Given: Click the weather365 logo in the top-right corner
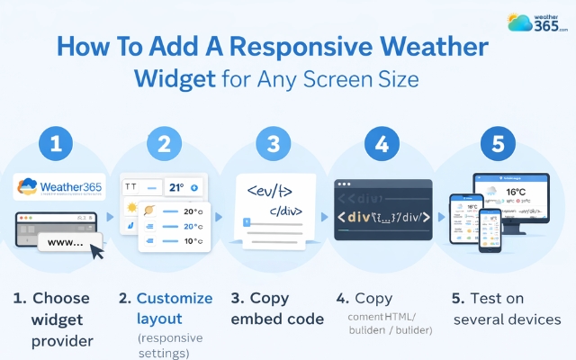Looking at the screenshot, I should click(537, 23).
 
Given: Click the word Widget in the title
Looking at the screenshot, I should click(173, 78).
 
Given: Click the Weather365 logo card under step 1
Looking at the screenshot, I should click(59, 188).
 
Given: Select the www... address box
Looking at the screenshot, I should click(67, 242).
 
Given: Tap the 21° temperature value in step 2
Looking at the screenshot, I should click(176, 189).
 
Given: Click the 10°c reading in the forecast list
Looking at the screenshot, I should click(192, 241).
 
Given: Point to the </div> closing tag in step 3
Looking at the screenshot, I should click(283, 214).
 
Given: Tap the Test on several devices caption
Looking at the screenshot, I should click(508, 308).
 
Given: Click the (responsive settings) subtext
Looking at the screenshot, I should click(171, 345).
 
